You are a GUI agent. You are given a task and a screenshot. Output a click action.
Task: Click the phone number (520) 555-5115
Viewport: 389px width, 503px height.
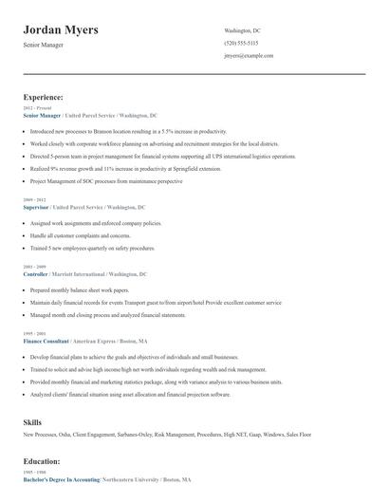(x=241, y=44)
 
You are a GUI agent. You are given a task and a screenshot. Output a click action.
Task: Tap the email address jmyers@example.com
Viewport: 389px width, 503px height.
(x=249, y=56)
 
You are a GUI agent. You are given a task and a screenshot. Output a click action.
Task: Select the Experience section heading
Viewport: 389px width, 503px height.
(x=44, y=97)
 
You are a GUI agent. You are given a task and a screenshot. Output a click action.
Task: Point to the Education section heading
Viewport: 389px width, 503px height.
(x=43, y=460)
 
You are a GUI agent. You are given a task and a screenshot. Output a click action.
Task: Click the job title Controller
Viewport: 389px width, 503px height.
(x=34, y=273)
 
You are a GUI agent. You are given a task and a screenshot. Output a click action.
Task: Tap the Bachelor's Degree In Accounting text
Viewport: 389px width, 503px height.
(x=61, y=481)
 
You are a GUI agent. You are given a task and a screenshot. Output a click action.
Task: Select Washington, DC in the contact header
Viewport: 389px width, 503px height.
(x=242, y=30)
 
